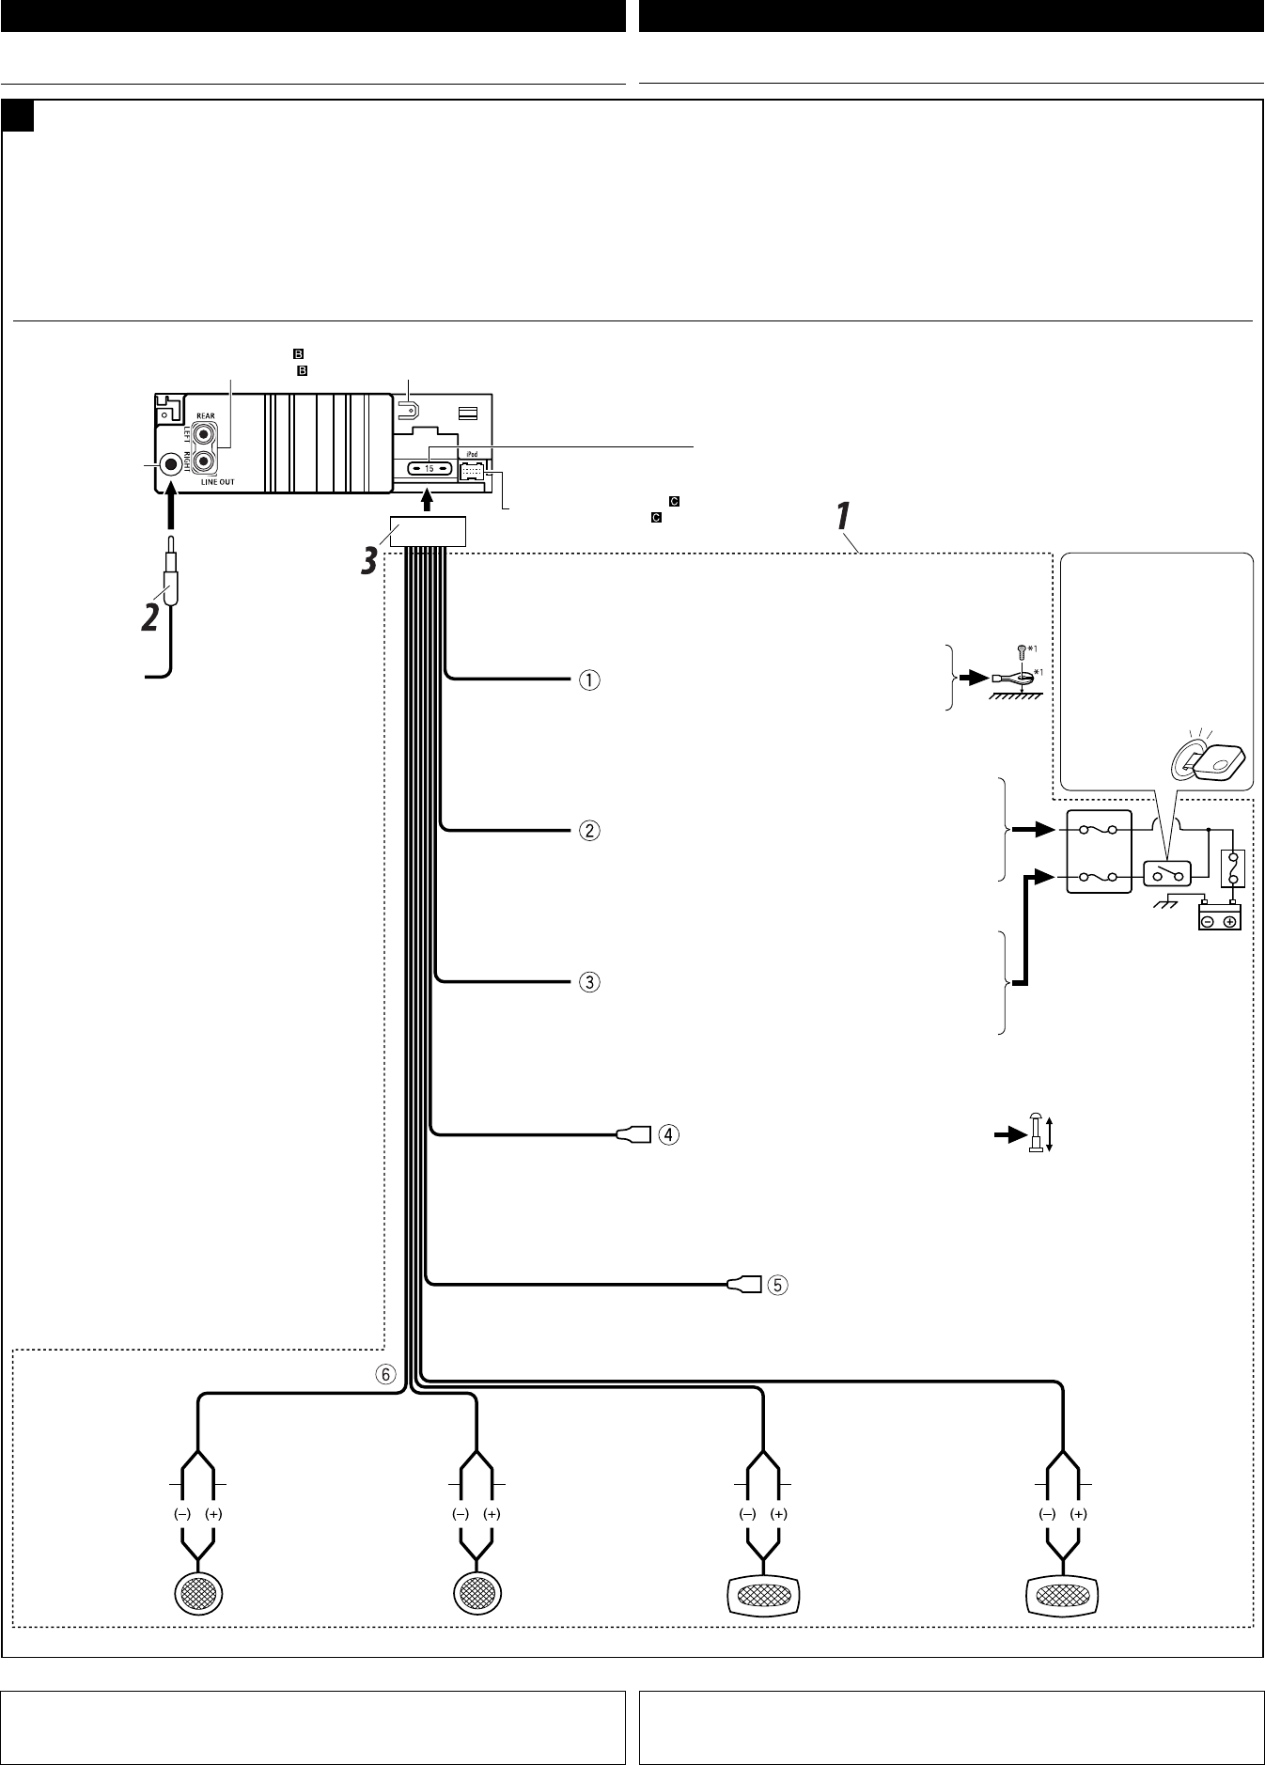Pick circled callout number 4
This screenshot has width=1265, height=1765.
[x=666, y=1134]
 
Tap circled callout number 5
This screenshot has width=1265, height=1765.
[x=777, y=1284]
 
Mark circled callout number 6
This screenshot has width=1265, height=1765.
[x=385, y=1373]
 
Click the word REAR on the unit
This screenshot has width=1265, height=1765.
[x=206, y=415]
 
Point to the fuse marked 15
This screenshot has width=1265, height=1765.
[x=428, y=468]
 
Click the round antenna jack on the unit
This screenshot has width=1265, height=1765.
[x=172, y=464]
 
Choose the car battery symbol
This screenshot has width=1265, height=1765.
[x=1220, y=915]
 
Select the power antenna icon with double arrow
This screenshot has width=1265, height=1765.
[x=1037, y=1133]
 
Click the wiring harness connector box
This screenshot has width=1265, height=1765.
[x=428, y=532]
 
